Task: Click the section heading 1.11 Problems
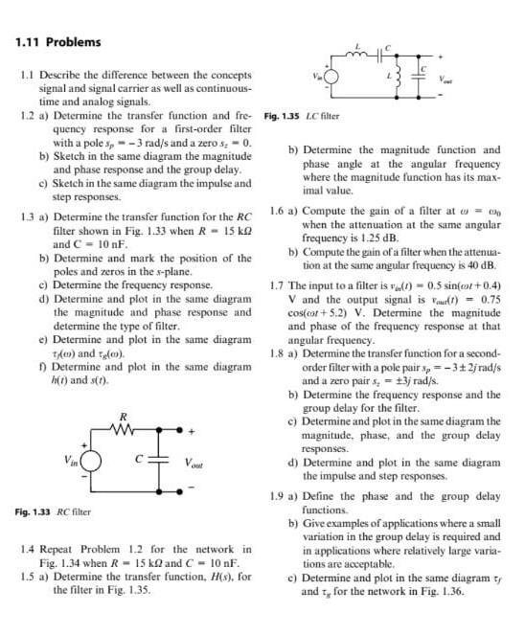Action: [59, 42]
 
